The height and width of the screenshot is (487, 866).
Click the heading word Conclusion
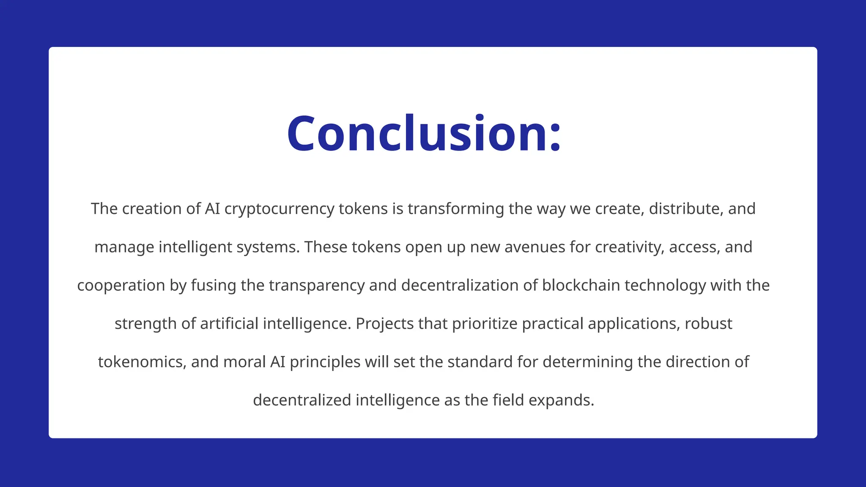424,134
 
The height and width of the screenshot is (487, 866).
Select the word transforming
456,209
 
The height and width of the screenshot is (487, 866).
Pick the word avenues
534,247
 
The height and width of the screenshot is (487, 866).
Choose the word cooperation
121,285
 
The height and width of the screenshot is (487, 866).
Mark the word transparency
317,285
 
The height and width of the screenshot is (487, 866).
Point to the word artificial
229,324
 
